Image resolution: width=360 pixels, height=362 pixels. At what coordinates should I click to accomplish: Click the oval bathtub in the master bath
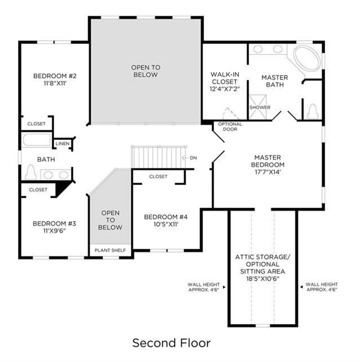click(x=307, y=59)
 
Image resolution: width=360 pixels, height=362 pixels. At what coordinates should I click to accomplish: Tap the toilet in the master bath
click(x=313, y=112)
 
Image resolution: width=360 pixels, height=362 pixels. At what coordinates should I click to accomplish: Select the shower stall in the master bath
click(x=257, y=107)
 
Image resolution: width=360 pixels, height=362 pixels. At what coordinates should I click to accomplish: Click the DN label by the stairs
click(x=193, y=158)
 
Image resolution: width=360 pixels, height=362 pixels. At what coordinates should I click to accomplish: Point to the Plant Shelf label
click(x=110, y=250)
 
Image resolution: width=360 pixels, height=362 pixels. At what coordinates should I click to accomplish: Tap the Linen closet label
click(x=63, y=144)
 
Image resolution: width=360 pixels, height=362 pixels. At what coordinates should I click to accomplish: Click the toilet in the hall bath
click(x=31, y=172)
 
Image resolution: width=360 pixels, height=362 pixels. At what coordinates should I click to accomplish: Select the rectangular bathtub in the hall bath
click(x=37, y=140)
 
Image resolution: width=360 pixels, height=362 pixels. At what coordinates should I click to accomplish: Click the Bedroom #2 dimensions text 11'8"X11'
click(x=55, y=83)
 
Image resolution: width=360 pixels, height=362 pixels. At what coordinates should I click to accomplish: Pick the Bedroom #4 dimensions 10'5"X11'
click(x=166, y=224)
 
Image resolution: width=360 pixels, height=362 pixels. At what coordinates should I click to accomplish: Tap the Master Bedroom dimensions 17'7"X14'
click(x=268, y=172)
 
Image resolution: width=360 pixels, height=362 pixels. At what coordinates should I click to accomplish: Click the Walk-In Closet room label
click(x=225, y=78)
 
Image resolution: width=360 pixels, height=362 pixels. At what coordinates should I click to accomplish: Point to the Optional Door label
click(x=230, y=126)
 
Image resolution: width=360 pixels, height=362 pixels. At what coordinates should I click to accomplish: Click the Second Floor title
click(x=171, y=343)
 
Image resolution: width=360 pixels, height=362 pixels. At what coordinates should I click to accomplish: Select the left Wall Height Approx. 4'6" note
click(x=204, y=287)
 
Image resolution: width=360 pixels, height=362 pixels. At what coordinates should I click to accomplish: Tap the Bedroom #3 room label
click(x=54, y=223)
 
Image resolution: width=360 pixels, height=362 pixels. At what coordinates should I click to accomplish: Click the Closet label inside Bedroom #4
click(x=158, y=176)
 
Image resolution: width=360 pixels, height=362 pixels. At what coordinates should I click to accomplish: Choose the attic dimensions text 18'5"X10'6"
click(x=263, y=279)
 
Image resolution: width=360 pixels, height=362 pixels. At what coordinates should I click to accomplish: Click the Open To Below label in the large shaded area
click(x=145, y=71)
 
